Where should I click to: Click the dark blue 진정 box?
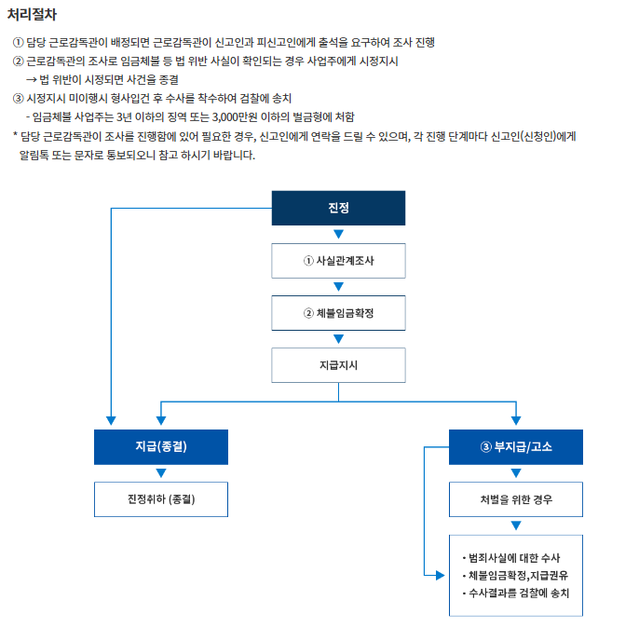click(338, 207)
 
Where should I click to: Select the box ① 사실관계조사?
click(338, 261)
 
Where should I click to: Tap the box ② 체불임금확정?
click(338, 313)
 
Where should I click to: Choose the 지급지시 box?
click(338, 365)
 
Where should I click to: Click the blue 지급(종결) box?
click(161, 446)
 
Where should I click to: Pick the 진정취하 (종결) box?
click(161, 498)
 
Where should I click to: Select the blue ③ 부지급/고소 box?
click(515, 446)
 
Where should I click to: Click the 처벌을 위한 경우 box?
click(515, 498)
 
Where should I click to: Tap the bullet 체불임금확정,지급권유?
click(518, 575)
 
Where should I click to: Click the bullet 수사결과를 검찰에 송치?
click(519, 593)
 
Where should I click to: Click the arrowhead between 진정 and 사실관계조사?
click(338, 235)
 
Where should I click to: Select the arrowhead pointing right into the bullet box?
click(441, 576)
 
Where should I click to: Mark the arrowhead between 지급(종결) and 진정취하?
click(161, 472)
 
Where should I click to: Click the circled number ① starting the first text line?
click(18, 43)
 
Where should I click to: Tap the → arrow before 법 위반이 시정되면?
click(33, 80)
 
